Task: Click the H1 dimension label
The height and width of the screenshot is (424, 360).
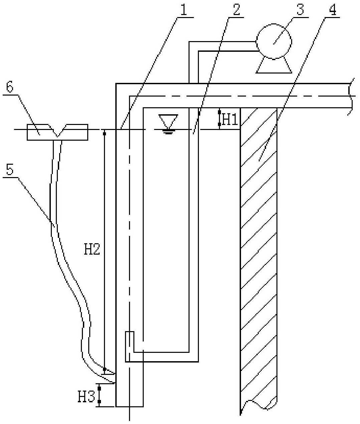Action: pyautogui.click(x=230, y=120)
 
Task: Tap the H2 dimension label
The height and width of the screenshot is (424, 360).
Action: pyautogui.click(x=92, y=249)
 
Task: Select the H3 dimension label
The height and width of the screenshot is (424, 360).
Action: pyautogui.click(x=87, y=397)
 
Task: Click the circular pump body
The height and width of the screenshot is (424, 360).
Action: pyautogui.click(x=274, y=42)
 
